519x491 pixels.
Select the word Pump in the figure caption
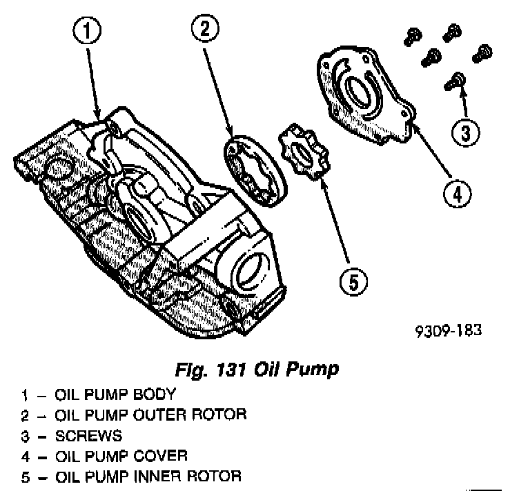coord(315,370)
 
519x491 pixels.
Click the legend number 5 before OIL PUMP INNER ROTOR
coord(24,476)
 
